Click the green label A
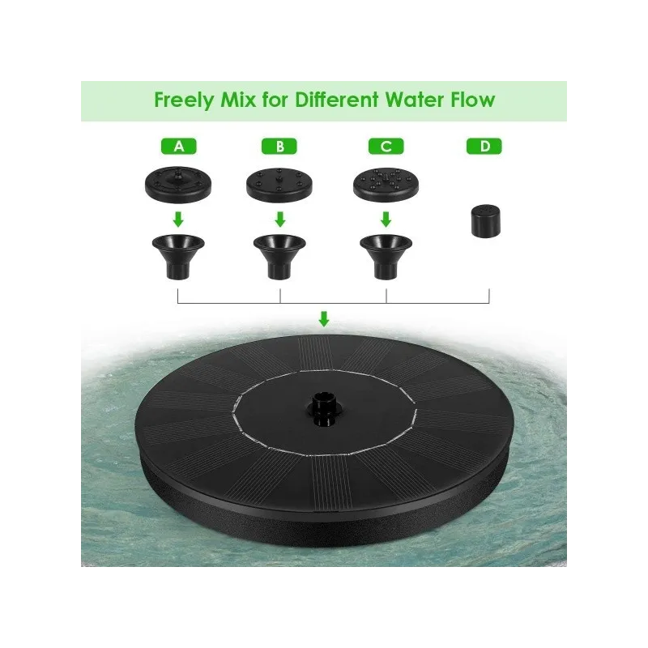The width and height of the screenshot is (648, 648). coord(178,147)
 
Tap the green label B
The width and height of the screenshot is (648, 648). coord(279,147)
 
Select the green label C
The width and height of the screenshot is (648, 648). coord(386,147)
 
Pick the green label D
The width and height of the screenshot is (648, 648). coord(484,147)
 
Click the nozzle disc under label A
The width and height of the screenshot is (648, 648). coord(178,185)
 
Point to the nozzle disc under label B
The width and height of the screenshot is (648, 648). coord(279,185)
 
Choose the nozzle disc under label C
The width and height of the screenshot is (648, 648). coord(386,185)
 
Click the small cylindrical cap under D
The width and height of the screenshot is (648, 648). coord(485,221)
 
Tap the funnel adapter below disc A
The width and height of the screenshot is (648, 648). coord(178,257)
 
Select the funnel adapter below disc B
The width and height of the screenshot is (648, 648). coord(279,257)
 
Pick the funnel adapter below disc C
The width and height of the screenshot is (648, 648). coord(386,257)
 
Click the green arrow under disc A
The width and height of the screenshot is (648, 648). coord(178,220)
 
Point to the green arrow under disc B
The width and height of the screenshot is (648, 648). coord(280,220)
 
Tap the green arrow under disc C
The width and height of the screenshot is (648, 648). coord(386,220)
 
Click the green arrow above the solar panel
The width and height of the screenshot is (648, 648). coord(324,319)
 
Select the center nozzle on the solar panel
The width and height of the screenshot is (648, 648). coord(323,410)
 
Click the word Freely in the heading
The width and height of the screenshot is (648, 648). coord(185,100)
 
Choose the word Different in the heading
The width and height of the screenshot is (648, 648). coord(336,100)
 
